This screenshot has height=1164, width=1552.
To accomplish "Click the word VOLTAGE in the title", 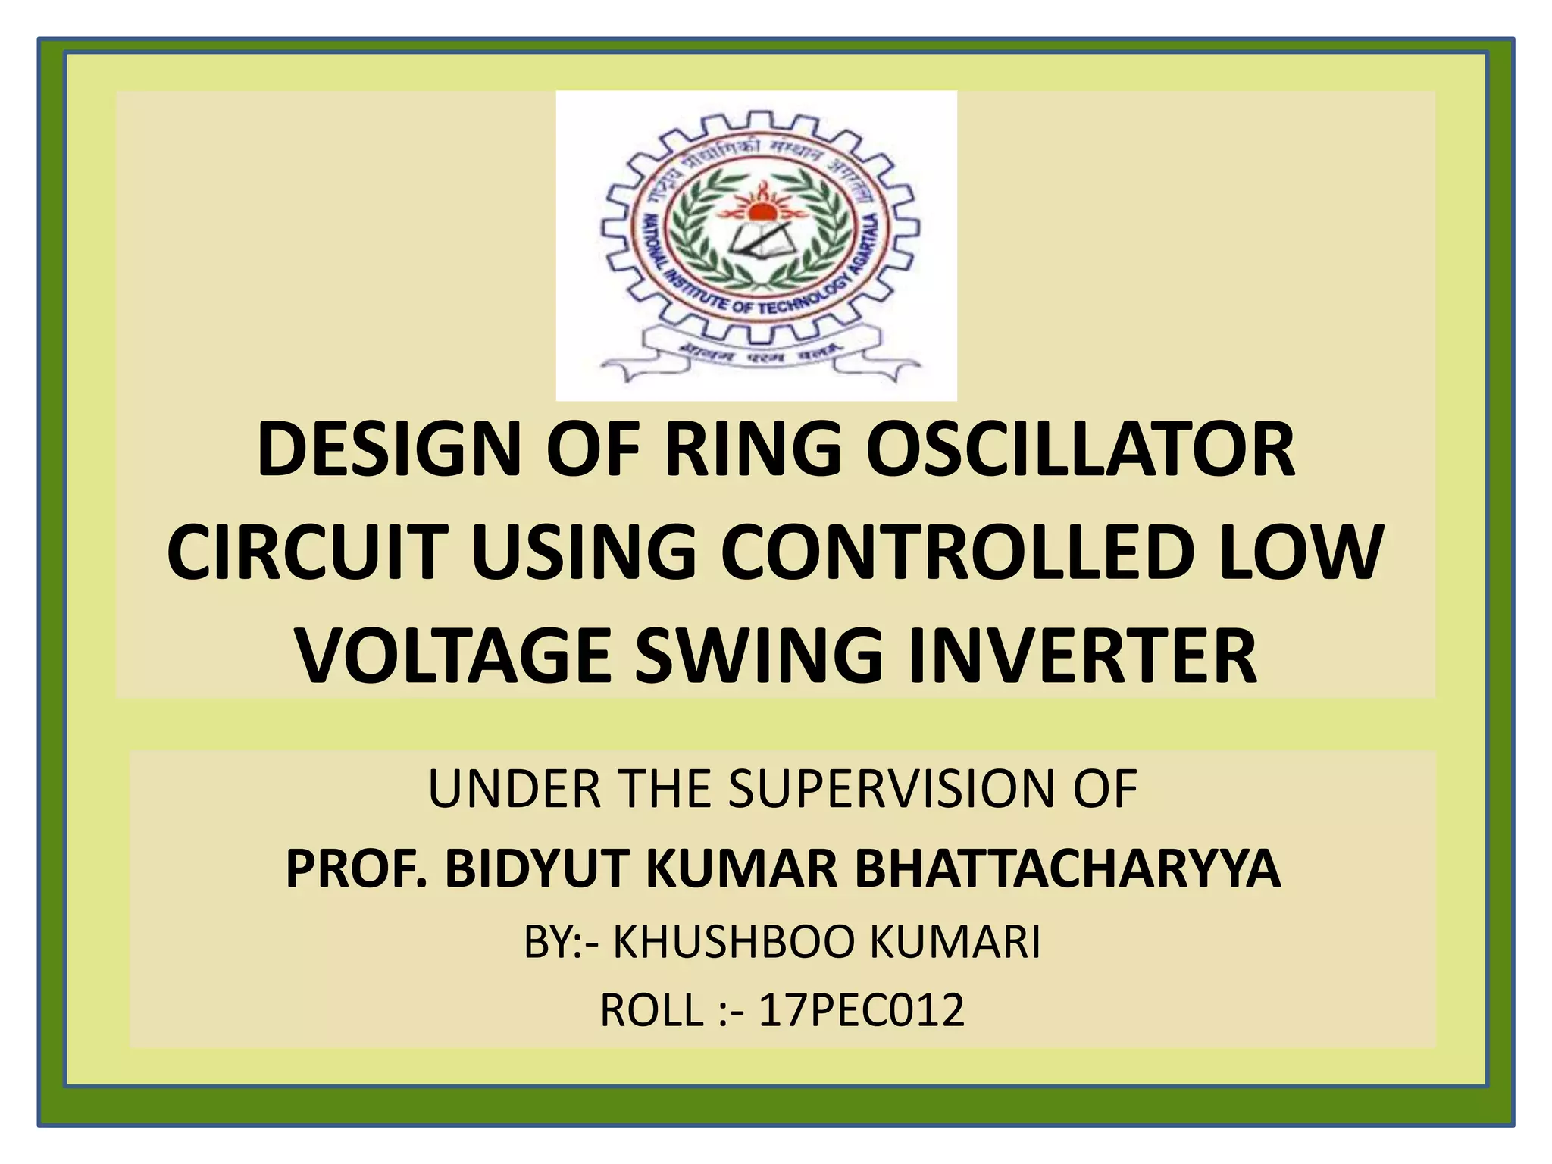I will (x=454, y=656).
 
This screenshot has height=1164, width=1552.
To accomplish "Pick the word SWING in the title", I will (x=759, y=656).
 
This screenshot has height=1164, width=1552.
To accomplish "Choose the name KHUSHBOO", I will (x=732, y=943).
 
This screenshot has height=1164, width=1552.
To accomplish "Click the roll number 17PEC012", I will (x=861, y=1010).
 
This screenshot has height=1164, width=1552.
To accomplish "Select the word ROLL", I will (x=651, y=1010).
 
